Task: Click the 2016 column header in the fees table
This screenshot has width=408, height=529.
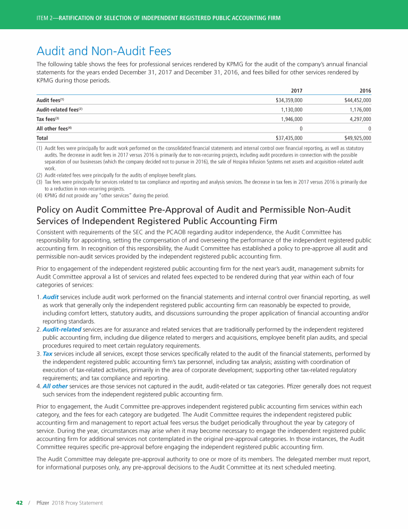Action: click(365, 91)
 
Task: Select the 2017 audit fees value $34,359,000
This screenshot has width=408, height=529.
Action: click(289, 100)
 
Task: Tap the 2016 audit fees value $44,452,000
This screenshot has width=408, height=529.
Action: click(358, 100)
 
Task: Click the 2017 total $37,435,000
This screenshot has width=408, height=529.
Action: click(289, 138)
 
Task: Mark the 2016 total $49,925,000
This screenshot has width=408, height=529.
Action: click(358, 138)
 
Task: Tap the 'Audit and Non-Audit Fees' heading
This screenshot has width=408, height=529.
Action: click(104, 51)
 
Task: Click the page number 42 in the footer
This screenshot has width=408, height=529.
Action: click(19, 502)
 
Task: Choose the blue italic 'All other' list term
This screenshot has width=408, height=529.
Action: click(55, 386)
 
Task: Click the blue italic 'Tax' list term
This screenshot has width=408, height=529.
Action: click(48, 353)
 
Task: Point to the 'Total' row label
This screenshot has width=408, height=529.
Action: click(42, 138)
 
